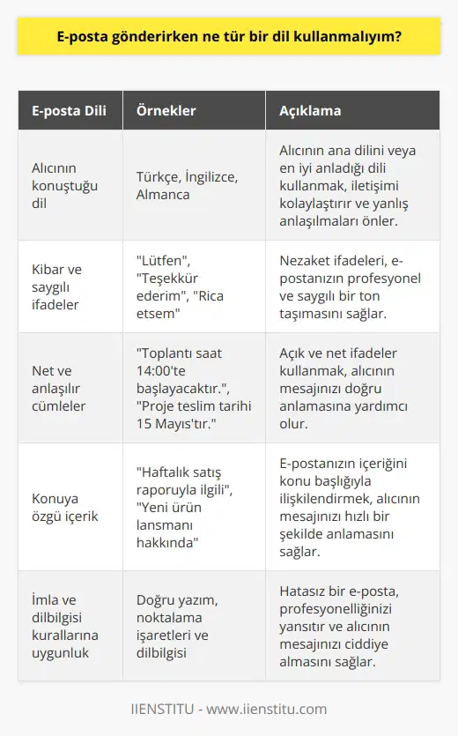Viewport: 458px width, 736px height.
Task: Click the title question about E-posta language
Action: [228, 39]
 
